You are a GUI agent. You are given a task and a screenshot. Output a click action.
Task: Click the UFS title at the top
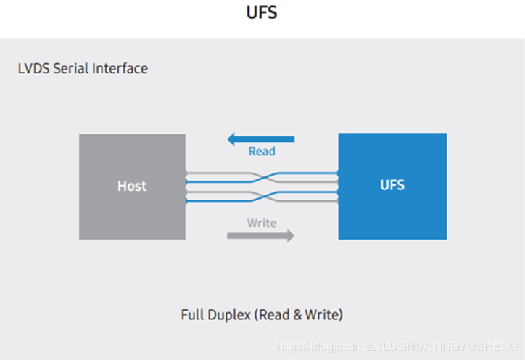[x=262, y=14]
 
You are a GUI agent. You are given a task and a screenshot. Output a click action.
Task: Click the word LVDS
[x=33, y=69]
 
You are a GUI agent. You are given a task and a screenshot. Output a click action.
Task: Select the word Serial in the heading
[x=71, y=69]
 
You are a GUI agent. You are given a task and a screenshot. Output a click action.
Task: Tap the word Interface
[x=120, y=69]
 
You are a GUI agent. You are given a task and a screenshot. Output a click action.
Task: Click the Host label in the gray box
[x=132, y=187]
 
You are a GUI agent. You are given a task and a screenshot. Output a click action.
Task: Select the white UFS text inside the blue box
[x=392, y=185]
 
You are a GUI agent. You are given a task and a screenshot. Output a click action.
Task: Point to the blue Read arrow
[x=262, y=139]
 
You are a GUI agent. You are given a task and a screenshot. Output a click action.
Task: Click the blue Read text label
[x=262, y=152]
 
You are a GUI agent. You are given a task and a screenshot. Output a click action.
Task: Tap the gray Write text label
[x=262, y=223]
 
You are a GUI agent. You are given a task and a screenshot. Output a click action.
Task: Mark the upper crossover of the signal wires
[x=262, y=177]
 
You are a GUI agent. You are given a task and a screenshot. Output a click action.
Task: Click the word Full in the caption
[x=192, y=315]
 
